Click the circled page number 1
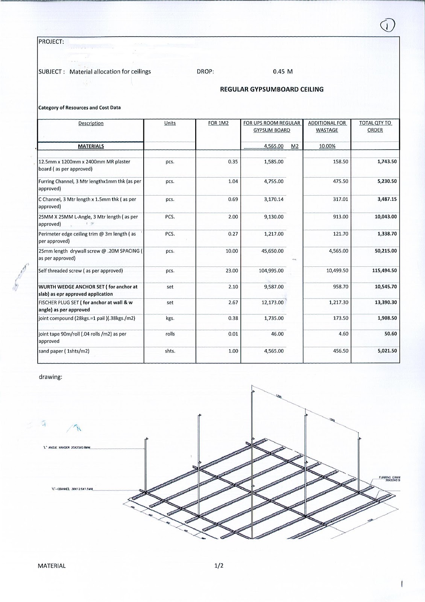pyautogui.click(x=387, y=26)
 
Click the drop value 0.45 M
pyautogui.click(x=282, y=71)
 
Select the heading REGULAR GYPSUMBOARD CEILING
pyautogui.click(x=272, y=90)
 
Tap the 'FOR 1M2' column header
pyautogui.click(x=218, y=123)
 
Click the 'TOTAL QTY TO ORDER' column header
pyautogui.click(x=375, y=126)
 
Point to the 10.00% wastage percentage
pyautogui.click(x=327, y=146)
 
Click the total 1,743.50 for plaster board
pyautogui.click(x=387, y=162)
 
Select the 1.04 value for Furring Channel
pyautogui.click(x=233, y=181)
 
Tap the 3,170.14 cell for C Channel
pyautogui.click(x=273, y=199)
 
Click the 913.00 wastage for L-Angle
pyautogui.click(x=340, y=217)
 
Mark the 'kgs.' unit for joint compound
pyautogui.click(x=170, y=318)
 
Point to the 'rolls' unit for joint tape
pyautogui.click(x=170, y=334)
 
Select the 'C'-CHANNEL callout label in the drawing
pyautogui.click(x=72, y=489)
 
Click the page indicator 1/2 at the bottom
pyautogui.click(x=219, y=566)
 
